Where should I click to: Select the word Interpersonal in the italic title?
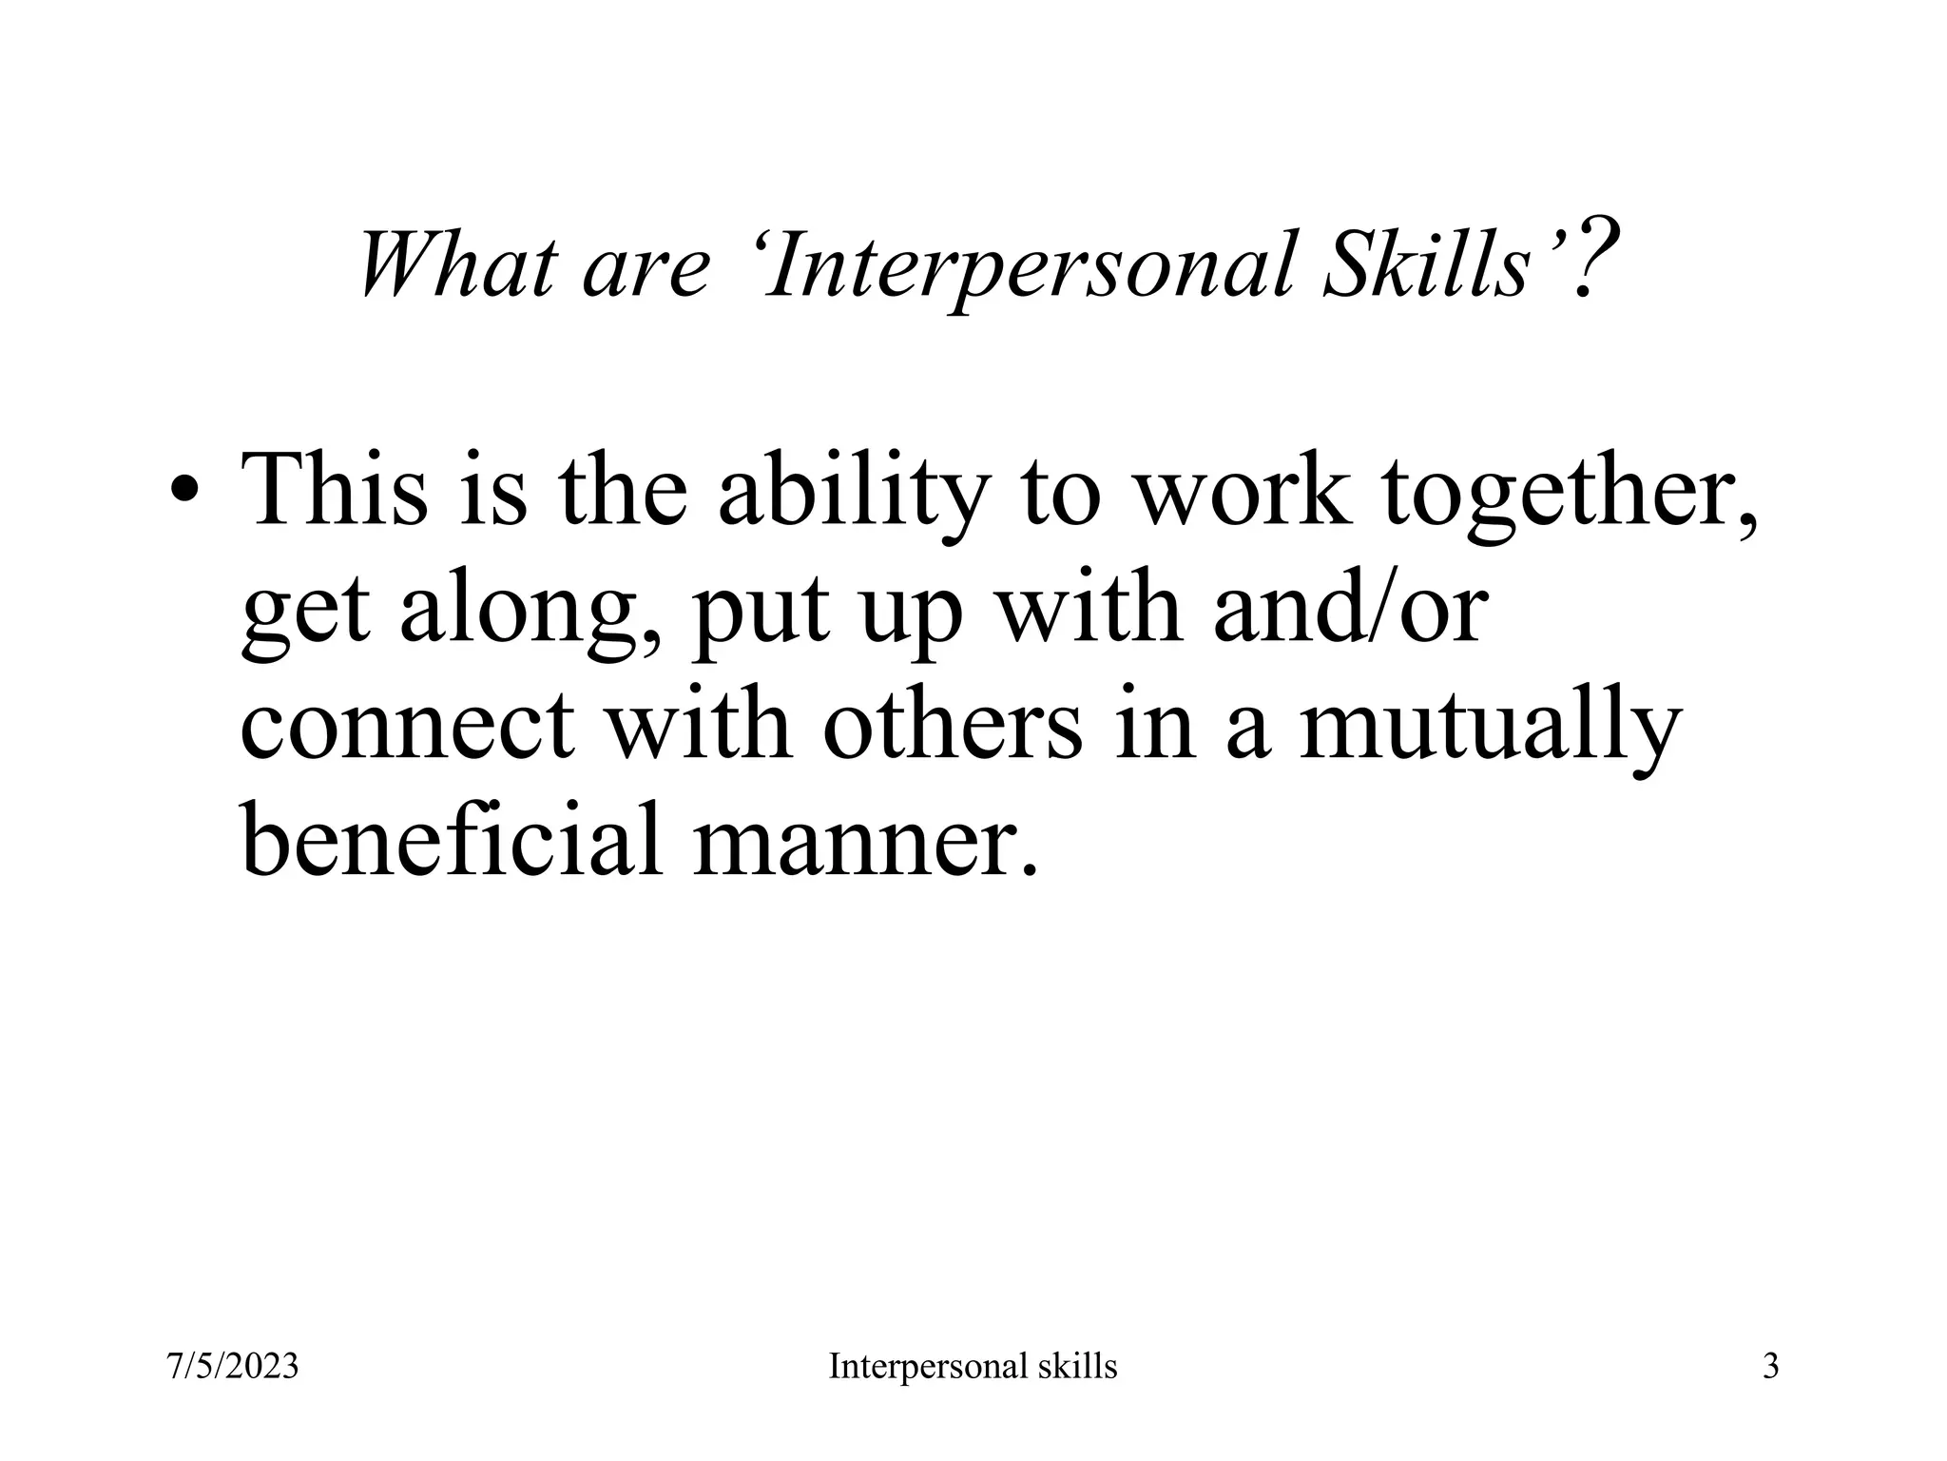coord(1026,266)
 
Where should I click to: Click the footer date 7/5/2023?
coord(233,1367)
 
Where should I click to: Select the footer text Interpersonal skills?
coord(973,1367)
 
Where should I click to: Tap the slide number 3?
coord(1770,1367)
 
